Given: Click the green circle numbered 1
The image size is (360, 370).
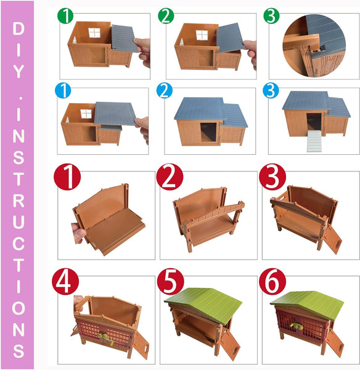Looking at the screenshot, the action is [65, 15].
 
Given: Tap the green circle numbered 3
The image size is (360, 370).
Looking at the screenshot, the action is [271, 15].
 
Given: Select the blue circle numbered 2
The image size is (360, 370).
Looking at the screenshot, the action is [165, 91].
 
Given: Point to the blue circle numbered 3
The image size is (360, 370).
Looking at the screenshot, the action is [271, 91].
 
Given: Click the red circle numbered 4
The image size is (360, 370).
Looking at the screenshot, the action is [65, 281].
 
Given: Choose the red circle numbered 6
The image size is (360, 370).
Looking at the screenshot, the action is [272, 281].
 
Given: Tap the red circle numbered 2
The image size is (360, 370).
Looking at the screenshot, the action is [170, 177].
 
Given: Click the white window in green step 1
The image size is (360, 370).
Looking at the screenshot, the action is [94, 33].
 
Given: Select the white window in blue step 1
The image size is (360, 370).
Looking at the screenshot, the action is [86, 114].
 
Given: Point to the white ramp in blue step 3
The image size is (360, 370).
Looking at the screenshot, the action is [314, 141].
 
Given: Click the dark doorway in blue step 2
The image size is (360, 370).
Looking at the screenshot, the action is [208, 132].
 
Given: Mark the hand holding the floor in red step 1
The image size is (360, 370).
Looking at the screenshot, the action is [78, 233].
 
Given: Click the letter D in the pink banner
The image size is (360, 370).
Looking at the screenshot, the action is [18, 28].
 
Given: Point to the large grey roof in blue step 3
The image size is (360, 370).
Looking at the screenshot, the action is [306, 101].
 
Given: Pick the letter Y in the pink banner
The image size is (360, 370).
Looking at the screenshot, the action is [18, 71].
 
